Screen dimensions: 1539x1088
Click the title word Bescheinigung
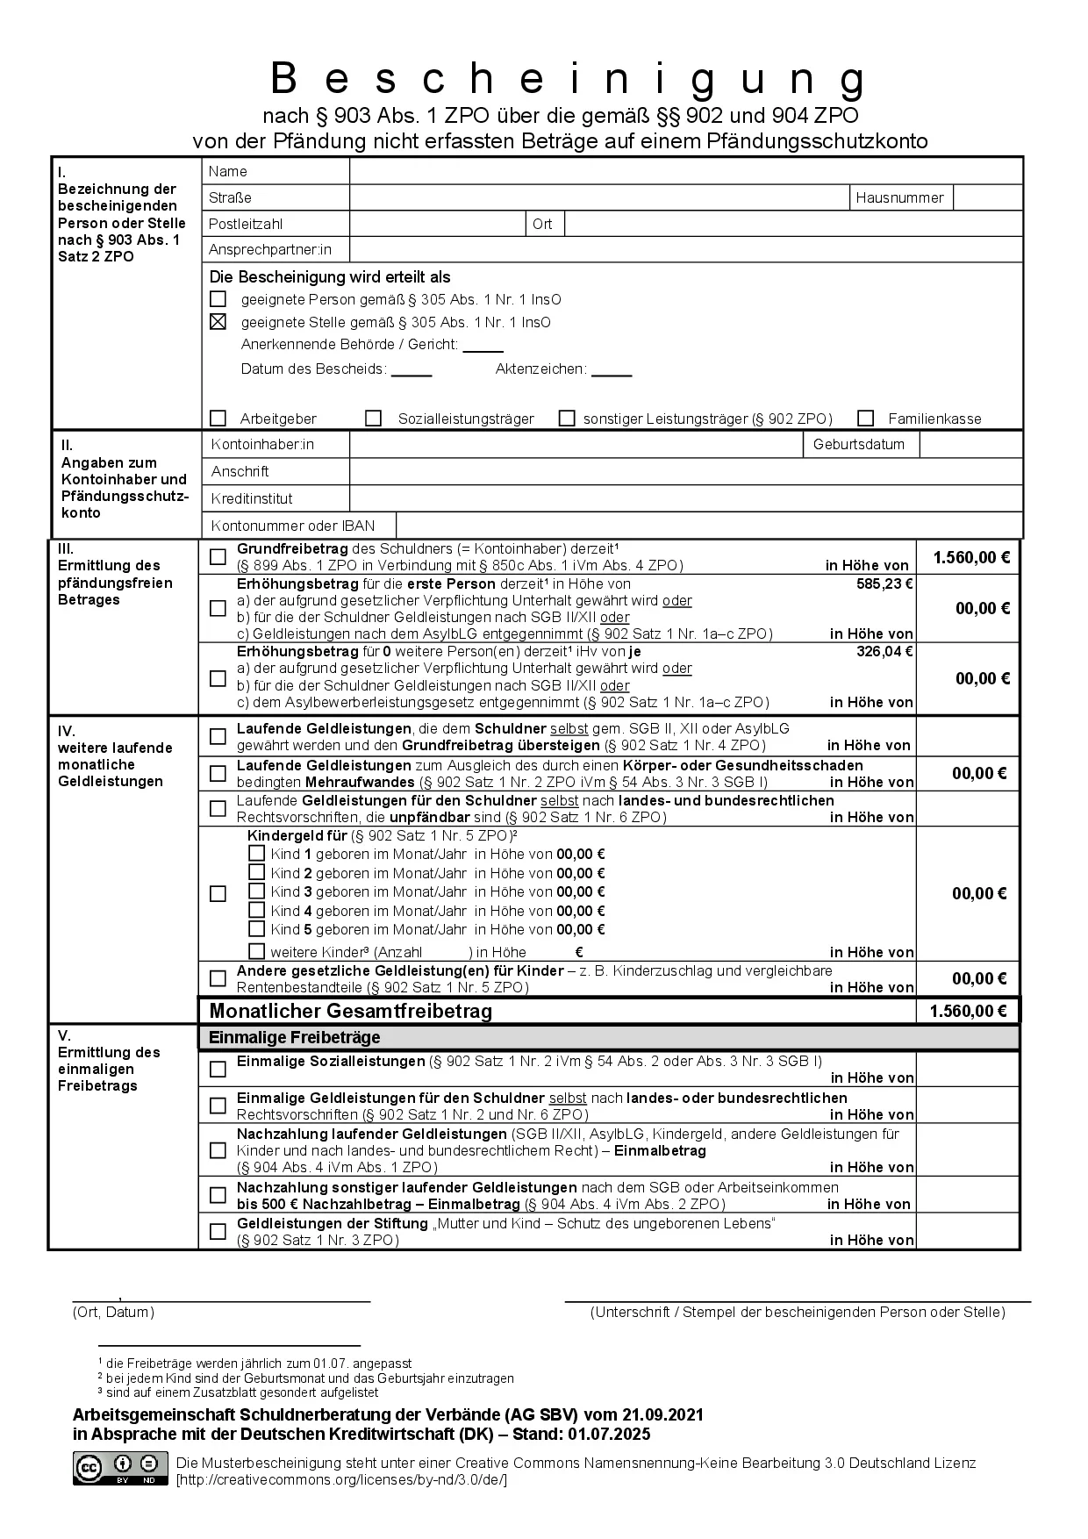(x=568, y=79)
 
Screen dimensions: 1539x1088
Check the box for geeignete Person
(x=218, y=299)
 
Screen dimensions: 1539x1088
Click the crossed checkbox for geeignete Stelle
(x=218, y=322)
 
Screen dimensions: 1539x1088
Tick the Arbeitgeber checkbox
(x=218, y=419)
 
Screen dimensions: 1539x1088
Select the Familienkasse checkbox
(x=867, y=419)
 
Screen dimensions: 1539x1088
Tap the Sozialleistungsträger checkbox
(x=374, y=419)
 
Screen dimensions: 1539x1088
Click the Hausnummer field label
(x=899, y=197)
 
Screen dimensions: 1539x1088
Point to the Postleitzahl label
(x=246, y=224)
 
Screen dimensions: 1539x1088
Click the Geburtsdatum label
(x=858, y=444)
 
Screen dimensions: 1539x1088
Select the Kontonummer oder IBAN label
(x=293, y=526)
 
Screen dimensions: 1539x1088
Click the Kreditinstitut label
(x=252, y=498)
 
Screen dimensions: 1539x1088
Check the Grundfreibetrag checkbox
(x=218, y=557)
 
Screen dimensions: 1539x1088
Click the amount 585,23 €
(x=884, y=583)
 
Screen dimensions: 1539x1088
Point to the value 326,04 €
(x=884, y=652)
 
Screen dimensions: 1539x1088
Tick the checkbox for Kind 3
(x=256, y=891)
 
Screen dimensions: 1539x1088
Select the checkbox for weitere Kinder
(x=256, y=951)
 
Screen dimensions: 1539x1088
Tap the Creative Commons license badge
(x=120, y=1468)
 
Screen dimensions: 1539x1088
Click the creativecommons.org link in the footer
(x=341, y=1479)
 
